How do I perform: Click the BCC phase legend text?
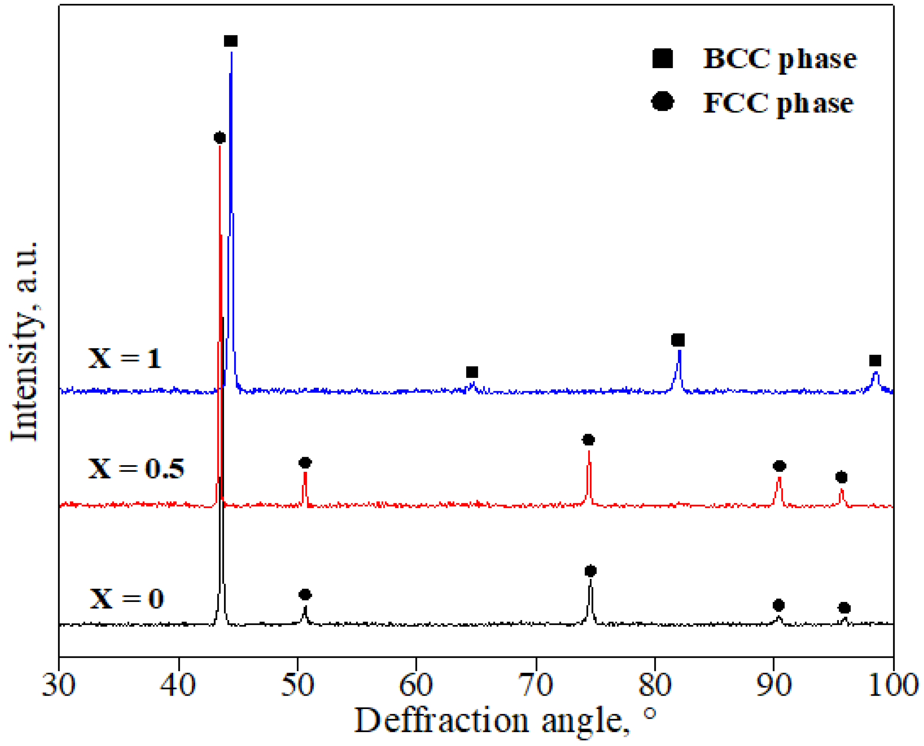779,59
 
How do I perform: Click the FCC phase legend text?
778,104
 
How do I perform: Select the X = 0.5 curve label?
136,468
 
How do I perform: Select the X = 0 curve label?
127,598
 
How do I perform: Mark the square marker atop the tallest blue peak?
231,41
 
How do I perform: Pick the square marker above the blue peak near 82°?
678,340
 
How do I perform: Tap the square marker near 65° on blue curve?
472,372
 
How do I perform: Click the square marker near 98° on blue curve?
875,360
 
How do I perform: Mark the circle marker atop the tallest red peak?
219,138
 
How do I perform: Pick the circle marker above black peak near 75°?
590,571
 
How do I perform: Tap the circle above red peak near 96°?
841,478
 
